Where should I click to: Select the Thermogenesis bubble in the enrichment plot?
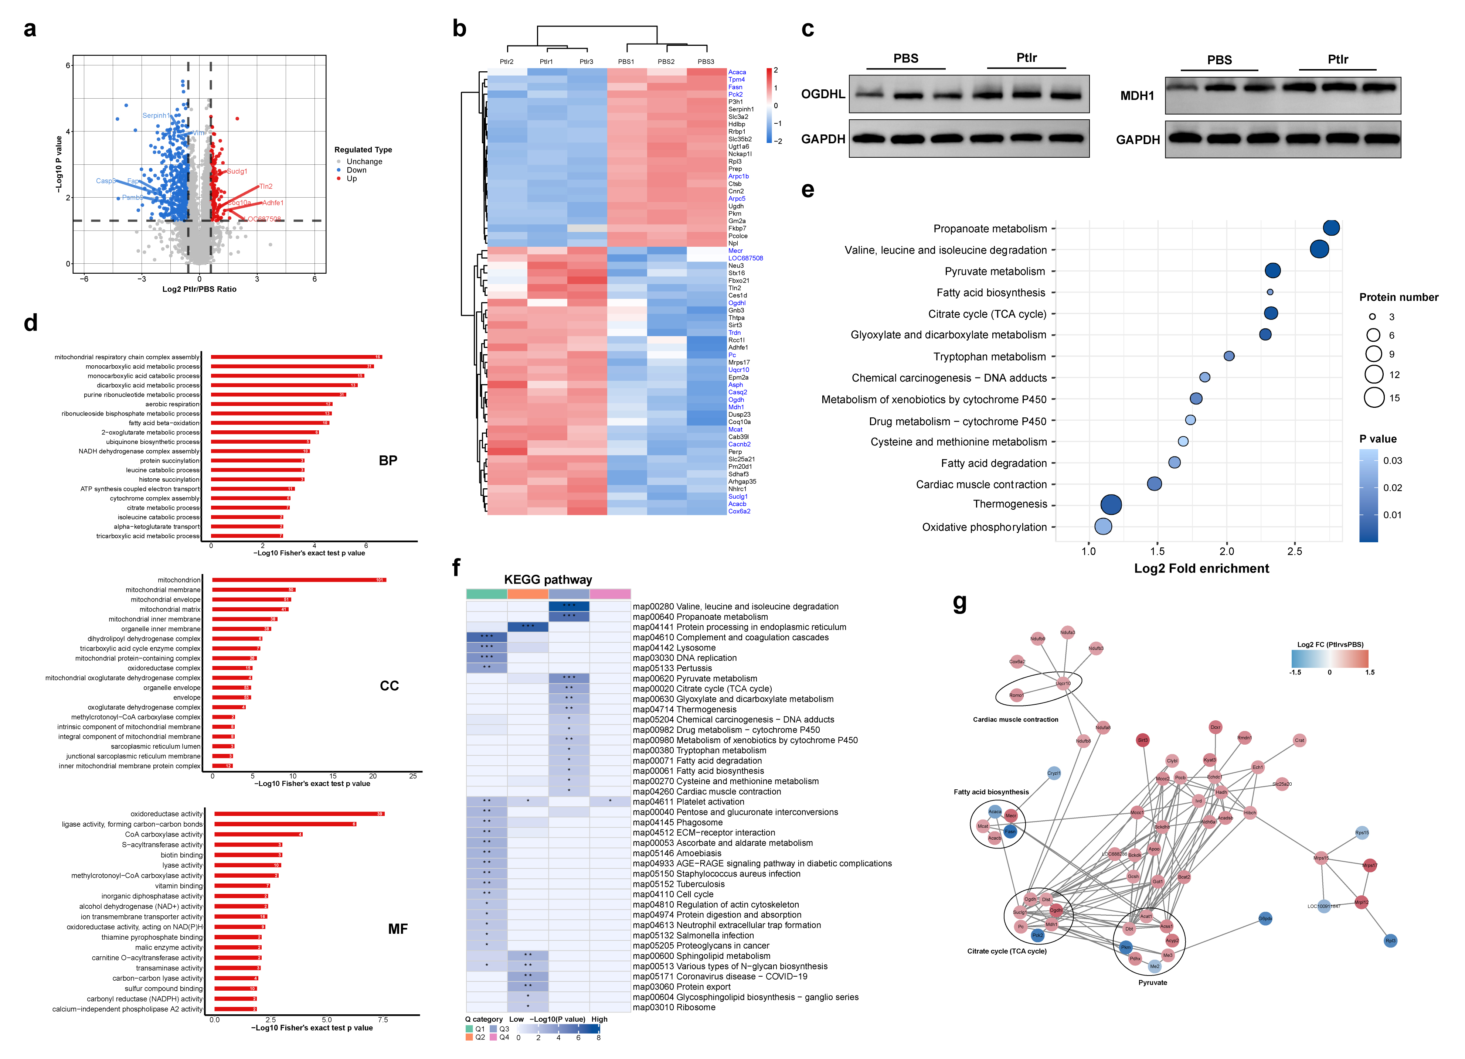1110,504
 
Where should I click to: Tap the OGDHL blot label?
823,94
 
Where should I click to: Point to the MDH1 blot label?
1137,96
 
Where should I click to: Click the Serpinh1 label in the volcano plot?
156,116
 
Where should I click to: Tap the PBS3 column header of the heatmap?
706,62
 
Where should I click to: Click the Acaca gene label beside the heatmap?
737,72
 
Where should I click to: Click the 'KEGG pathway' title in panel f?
548,579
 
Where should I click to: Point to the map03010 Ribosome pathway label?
674,1007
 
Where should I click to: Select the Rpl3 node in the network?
1390,941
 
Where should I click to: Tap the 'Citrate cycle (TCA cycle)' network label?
1006,951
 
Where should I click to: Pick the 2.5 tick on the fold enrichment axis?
1295,551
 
